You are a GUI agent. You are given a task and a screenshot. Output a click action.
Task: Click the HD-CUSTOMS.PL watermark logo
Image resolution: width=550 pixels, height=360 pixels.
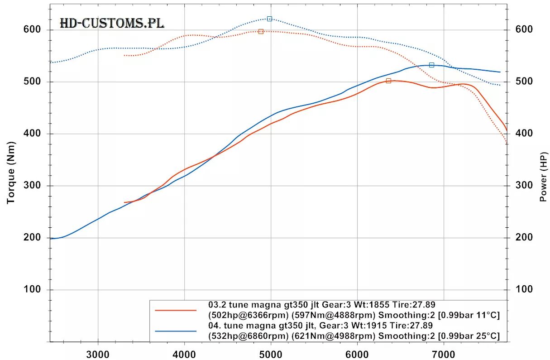(112, 24)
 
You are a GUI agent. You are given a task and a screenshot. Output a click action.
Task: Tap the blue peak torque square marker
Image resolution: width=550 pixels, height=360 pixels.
(269, 19)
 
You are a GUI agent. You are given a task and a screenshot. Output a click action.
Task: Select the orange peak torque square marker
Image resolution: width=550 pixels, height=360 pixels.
(261, 31)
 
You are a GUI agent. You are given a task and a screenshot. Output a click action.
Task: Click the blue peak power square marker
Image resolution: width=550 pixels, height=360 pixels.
(431, 65)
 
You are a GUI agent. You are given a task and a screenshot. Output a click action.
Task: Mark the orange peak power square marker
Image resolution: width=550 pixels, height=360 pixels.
(388, 81)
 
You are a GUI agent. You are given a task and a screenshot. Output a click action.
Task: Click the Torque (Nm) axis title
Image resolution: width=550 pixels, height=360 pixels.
(11, 173)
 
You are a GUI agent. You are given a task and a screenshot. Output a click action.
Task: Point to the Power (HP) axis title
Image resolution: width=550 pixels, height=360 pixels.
(543, 177)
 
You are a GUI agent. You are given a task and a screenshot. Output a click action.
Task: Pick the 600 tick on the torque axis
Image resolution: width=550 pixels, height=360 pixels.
(33, 30)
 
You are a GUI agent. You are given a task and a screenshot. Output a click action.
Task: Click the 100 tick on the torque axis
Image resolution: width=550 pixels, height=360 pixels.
(33, 290)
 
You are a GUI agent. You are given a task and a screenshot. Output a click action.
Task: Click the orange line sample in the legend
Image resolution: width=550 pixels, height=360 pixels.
(176, 310)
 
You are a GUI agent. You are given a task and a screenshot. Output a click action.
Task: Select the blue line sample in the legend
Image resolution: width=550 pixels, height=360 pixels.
(176, 331)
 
